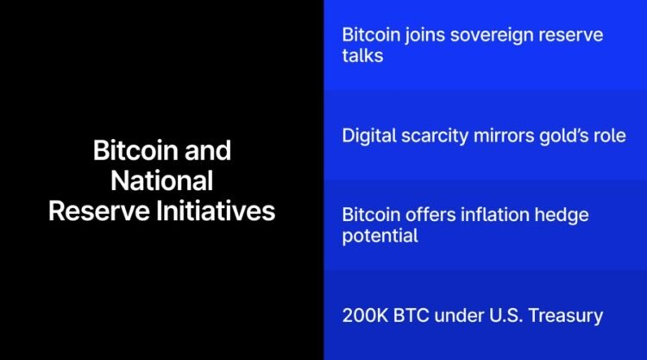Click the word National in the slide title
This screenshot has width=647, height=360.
coord(162,180)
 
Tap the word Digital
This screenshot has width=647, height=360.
coord(371,136)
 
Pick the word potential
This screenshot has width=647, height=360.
coord(380,236)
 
